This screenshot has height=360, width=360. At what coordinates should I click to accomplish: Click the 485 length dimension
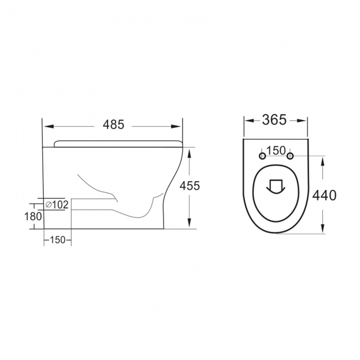113,125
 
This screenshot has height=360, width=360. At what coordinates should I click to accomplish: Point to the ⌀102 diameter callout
56,204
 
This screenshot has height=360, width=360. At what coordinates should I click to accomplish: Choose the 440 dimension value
325,195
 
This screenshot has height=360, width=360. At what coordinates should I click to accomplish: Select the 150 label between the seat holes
275,151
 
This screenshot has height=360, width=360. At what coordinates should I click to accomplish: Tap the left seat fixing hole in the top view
263,157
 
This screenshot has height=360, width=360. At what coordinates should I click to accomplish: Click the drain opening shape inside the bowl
275,186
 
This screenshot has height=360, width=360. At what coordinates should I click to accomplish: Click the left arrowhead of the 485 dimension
47,125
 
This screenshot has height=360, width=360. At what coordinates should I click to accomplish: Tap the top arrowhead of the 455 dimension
190,151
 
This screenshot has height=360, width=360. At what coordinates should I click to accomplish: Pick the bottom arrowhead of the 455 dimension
190,225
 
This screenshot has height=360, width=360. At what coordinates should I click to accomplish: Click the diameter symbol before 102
48,204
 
